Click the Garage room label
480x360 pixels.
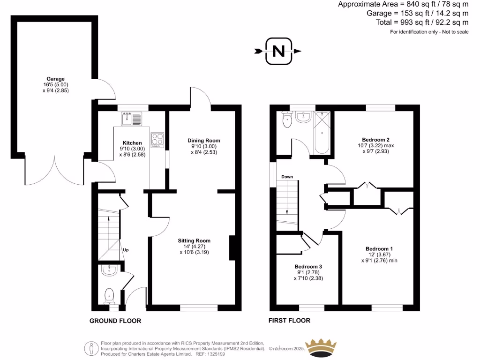(x=55, y=79)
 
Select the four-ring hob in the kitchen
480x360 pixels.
(x=157, y=140)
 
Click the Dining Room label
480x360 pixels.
(x=203, y=141)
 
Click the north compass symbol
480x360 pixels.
(x=278, y=51)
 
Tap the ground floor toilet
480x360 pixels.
(x=110, y=294)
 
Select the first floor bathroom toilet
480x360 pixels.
(x=286, y=121)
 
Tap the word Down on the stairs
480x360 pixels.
(x=287, y=177)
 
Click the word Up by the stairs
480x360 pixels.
(x=126, y=250)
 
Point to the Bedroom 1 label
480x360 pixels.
(x=379, y=248)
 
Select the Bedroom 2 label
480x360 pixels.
(x=375, y=140)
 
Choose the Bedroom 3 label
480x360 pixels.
(x=308, y=266)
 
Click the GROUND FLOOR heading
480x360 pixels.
(x=115, y=321)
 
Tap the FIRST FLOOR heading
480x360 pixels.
(x=289, y=321)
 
